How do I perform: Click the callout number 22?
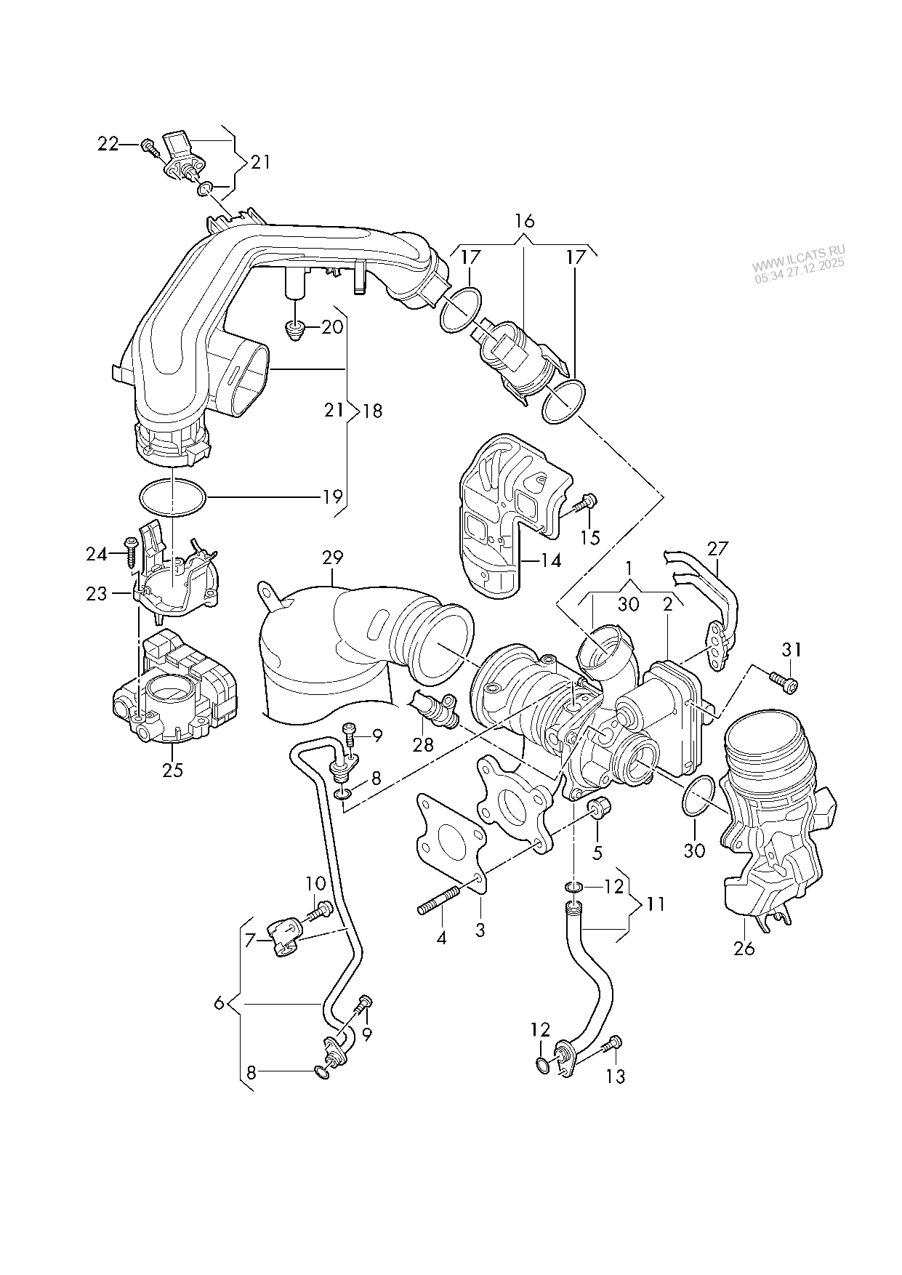pyautogui.click(x=108, y=145)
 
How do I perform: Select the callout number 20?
pyautogui.click(x=331, y=327)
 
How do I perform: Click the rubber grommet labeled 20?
pyautogui.click(x=295, y=329)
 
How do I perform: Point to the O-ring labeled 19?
pyautogui.click(x=172, y=498)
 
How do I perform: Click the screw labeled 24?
pyautogui.click(x=131, y=554)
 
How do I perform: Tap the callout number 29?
pyautogui.click(x=332, y=558)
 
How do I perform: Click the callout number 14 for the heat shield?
pyautogui.click(x=551, y=561)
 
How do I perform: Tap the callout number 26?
pyautogui.click(x=744, y=948)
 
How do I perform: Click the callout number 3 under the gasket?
pyautogui.click(x=480, y=929)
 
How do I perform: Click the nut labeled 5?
pyautogui.click(x=600, y=807)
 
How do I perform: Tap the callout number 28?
pyautogui.click(x=422, y=744)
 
